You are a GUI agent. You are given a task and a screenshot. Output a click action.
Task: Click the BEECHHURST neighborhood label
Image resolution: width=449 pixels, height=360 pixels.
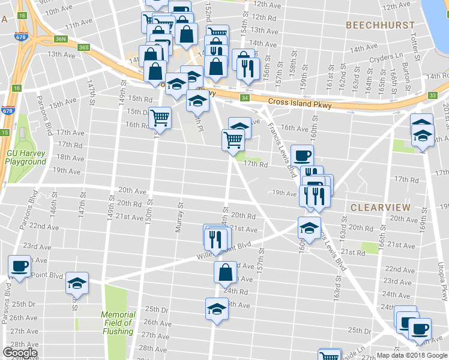coord(381,25)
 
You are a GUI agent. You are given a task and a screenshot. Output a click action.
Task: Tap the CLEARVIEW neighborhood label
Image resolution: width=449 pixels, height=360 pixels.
coord(380,208)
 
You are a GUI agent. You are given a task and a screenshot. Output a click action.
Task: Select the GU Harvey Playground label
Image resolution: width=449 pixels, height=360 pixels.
coord(26,157)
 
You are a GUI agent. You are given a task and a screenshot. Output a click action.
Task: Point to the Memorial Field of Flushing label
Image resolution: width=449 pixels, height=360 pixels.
coord(118,323)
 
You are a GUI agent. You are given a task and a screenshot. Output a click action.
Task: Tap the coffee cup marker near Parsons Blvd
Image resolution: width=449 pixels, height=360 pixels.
coord(19,266)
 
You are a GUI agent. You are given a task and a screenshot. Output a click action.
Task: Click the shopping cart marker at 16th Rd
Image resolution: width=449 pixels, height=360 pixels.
coord(160,117)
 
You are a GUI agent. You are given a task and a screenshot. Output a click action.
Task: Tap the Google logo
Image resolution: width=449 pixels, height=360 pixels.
coord(20,353)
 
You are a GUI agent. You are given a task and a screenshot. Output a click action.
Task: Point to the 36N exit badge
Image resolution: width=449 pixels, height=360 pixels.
coord(61,39)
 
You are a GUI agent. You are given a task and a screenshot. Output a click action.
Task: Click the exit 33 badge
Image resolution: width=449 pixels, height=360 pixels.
coord(433,95)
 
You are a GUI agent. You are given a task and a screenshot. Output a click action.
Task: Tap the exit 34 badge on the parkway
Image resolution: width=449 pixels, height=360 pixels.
coord(245,98)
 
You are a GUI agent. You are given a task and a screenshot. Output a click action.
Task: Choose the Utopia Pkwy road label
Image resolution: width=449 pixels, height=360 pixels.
coord(444,282)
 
